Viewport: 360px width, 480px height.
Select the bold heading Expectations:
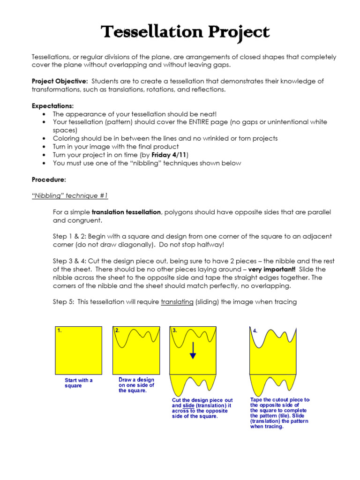(x=52, y=105)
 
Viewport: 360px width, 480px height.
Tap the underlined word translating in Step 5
(x=177, y=302)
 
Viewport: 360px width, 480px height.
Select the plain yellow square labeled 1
(x=79, y=350)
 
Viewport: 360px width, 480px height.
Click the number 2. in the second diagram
(x=118, y=330)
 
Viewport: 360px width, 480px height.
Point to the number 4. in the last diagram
(x=255, y=330)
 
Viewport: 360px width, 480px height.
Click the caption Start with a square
(x=78, y=383)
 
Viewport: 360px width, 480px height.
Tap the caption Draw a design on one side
(x=136, y=385)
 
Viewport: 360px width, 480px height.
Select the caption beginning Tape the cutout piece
(x=280, y=413)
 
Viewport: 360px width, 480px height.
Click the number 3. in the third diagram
(x=175, y=330)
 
